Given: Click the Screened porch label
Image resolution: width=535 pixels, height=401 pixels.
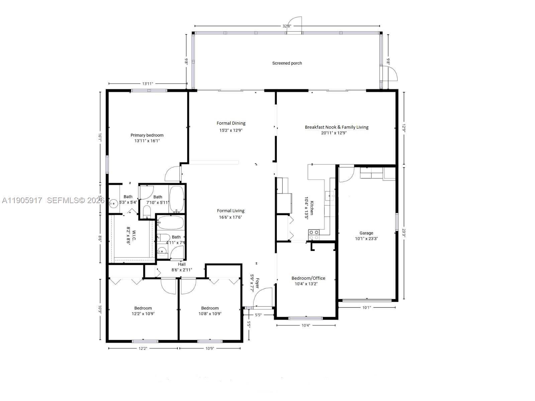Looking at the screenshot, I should (287, 63).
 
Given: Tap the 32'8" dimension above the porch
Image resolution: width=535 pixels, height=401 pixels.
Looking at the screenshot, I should (287, 26).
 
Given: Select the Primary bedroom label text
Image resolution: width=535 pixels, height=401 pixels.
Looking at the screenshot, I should (147, 135).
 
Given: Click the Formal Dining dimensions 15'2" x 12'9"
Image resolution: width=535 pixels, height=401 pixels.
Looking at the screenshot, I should (231, 130).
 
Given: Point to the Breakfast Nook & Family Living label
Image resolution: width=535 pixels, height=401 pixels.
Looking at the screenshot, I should (336, 127).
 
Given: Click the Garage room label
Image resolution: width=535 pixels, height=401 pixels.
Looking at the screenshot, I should (366, 233).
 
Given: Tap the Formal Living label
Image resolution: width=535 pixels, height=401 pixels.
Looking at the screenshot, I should (230, 211).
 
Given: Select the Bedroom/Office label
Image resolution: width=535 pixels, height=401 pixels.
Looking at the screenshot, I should (308, 278).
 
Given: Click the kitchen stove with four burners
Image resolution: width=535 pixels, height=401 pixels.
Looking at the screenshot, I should (314, 235).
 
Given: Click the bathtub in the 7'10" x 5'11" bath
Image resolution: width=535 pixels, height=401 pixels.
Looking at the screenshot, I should (176, 199).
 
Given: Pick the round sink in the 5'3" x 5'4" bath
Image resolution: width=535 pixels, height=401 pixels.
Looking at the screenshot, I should (114, 203).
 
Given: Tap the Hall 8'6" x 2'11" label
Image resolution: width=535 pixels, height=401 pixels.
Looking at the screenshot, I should (182, 267).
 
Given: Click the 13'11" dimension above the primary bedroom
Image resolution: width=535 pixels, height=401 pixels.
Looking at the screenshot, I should (147, 84).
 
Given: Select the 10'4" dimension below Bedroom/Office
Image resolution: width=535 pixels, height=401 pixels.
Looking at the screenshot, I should (306, 325).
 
